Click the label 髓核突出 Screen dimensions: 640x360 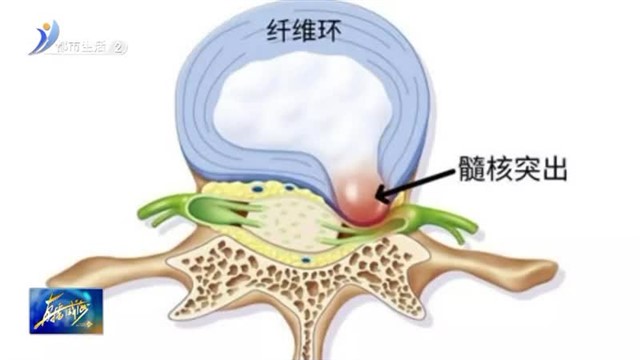point(514,171)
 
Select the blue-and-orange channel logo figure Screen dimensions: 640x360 point(43,38)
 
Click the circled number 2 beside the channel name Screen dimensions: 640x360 point(120,47)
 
